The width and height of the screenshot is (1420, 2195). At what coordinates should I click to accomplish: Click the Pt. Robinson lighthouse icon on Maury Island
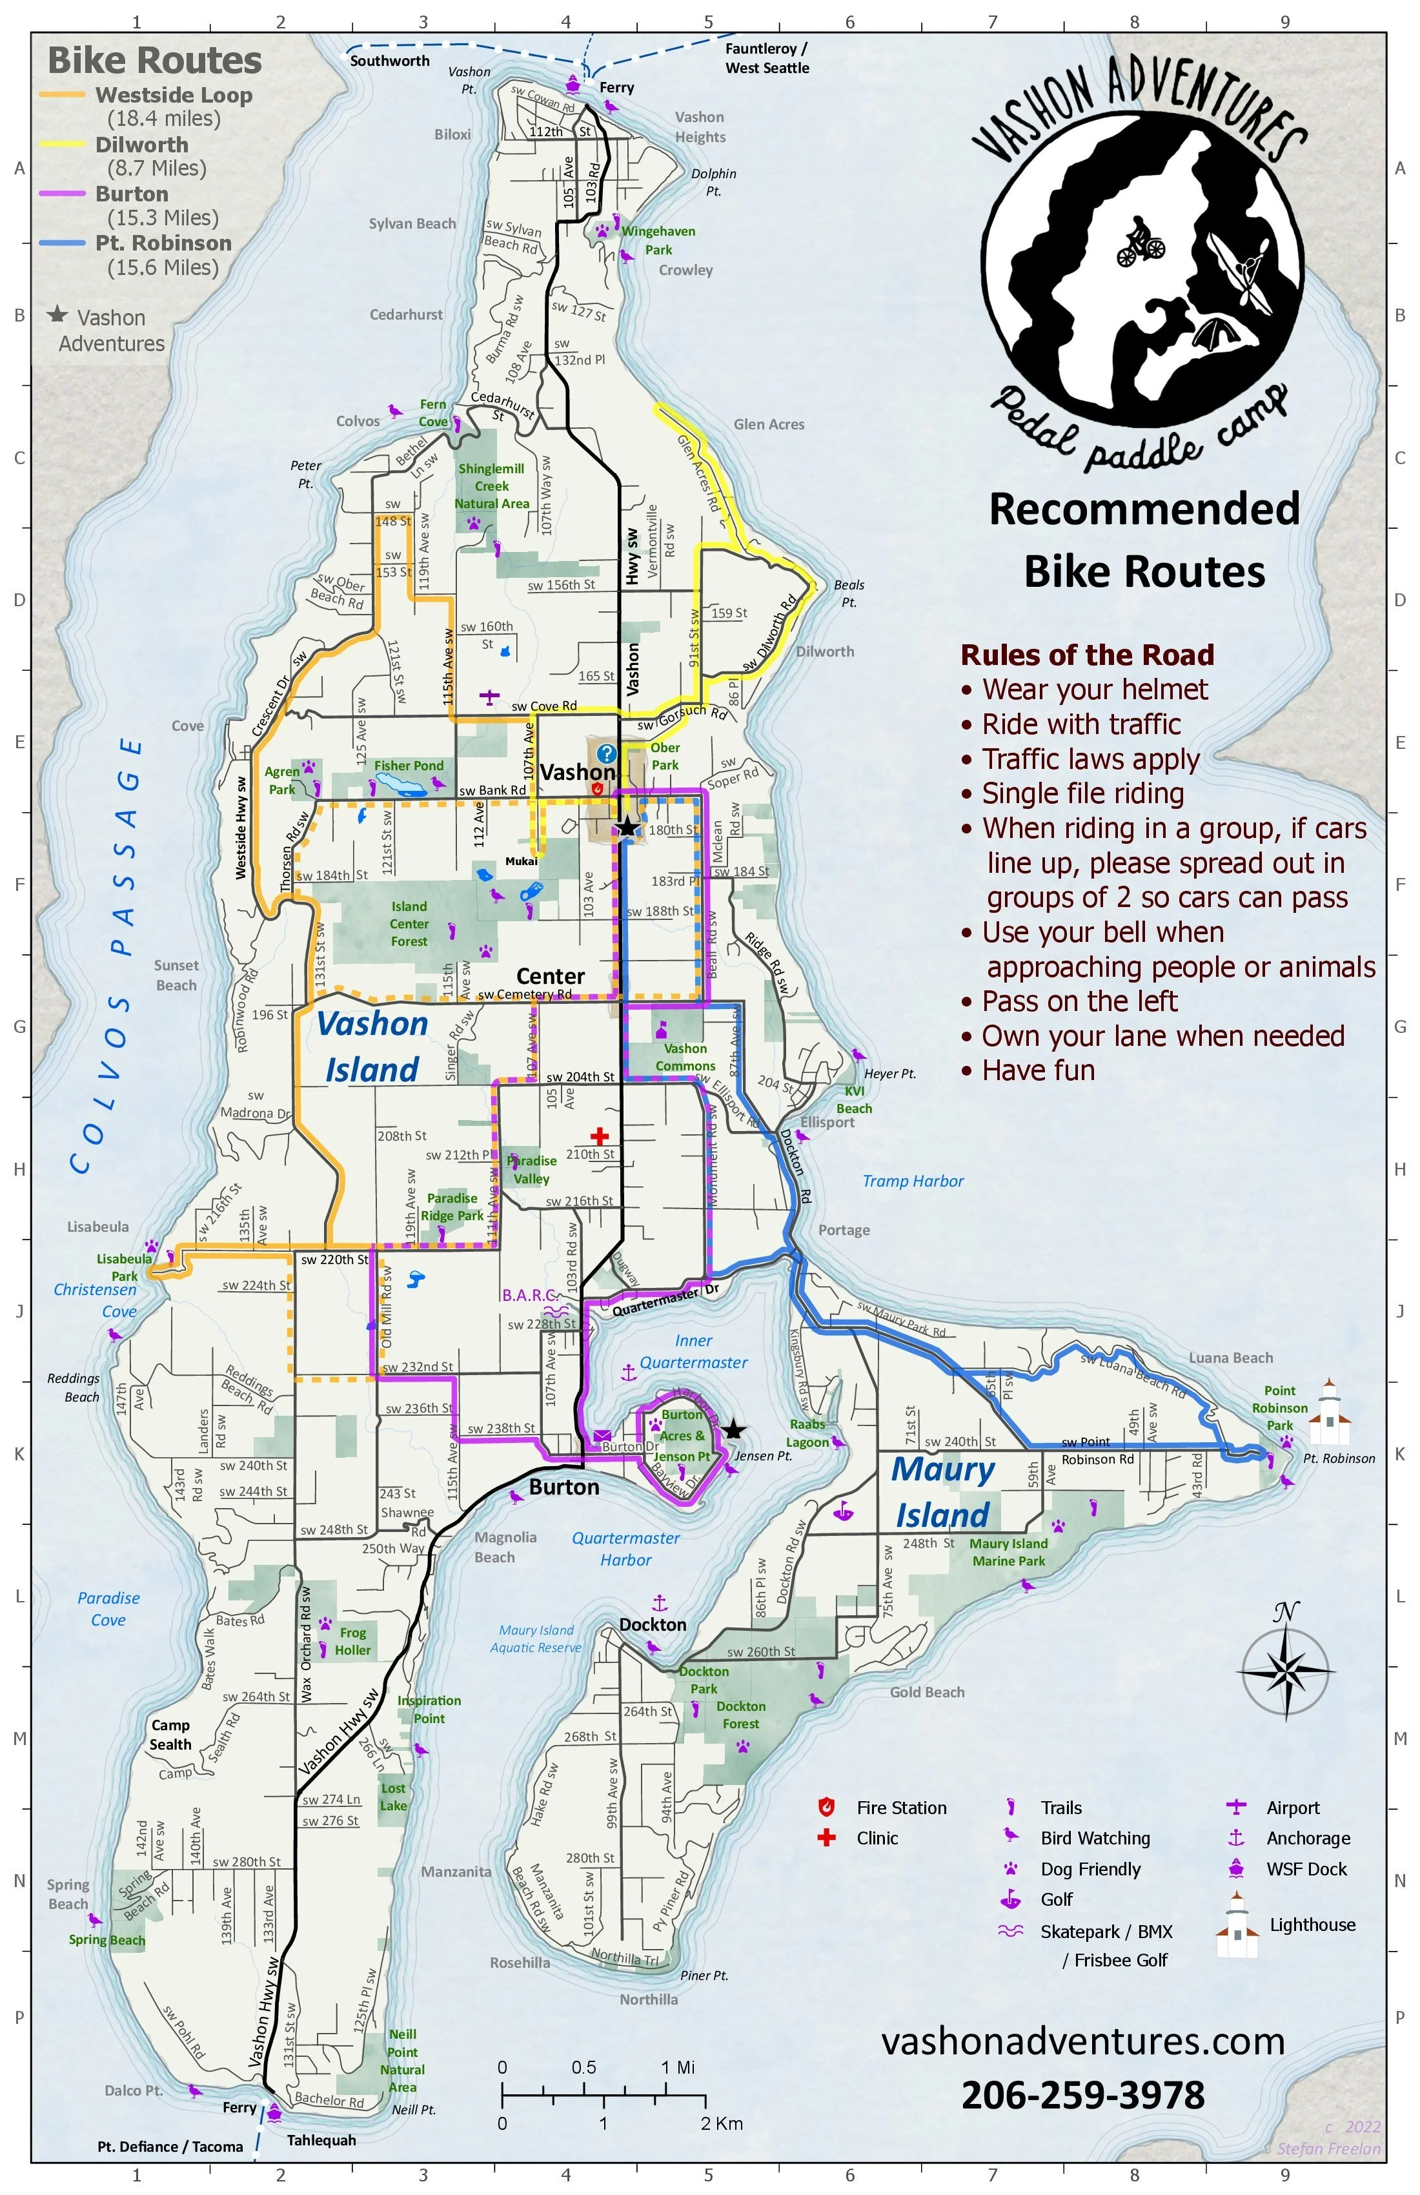coord(1329,1414)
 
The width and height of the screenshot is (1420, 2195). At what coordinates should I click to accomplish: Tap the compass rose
coord(1286,1669)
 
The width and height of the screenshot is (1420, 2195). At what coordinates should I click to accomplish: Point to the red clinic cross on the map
coord(600,1136)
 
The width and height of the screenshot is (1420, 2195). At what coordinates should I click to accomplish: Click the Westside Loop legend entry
coord(174,95)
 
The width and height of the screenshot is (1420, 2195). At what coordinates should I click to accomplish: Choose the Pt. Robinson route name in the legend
coord(163,243)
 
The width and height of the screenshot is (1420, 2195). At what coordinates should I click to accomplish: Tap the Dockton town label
coord(653,1624)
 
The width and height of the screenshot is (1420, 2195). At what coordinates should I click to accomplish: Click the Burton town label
coord(564,1487)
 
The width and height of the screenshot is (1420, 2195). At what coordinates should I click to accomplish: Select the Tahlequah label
coord(321,2139)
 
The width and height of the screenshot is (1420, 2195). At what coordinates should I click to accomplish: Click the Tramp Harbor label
coord(913,1181)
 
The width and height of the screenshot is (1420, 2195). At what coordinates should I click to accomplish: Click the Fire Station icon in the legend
coord(826,1807)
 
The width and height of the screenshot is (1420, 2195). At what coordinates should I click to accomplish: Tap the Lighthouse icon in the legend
coord(1237,1926)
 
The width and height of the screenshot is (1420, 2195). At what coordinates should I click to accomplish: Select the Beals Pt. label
coord(848,593)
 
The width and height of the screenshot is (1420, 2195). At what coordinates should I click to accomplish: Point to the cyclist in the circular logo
coord(1141,241)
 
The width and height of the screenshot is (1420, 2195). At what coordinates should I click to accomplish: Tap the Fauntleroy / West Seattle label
coord(766,58)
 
